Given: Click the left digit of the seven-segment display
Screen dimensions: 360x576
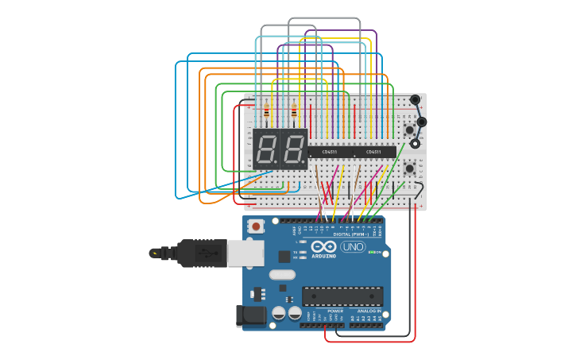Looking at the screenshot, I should click(x=267, y=148).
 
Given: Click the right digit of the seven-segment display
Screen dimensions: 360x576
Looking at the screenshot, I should click(x=293, y=148).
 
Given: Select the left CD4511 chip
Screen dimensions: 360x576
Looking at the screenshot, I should click(x=328, y=151).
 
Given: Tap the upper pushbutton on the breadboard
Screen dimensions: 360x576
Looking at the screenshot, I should click(x=409, y=130).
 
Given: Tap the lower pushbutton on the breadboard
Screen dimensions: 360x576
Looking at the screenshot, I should click(x=409, y=168).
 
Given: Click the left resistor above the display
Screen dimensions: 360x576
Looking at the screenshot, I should click(x=266, y=111).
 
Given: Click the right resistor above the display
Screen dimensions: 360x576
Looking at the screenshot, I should click(x=294, y=111).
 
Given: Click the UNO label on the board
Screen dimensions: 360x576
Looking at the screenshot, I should click(x=353, y=247).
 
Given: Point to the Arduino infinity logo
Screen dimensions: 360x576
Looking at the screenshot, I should click(x=323, y=247).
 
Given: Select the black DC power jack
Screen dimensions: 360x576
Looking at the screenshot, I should click(x=252, y=315).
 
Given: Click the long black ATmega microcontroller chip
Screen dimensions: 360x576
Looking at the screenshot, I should click(x=342, y=296).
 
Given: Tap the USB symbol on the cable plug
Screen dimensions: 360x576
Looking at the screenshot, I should click(x=207, y=254).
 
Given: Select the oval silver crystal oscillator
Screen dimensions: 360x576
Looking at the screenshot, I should click(x=282, y=275).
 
